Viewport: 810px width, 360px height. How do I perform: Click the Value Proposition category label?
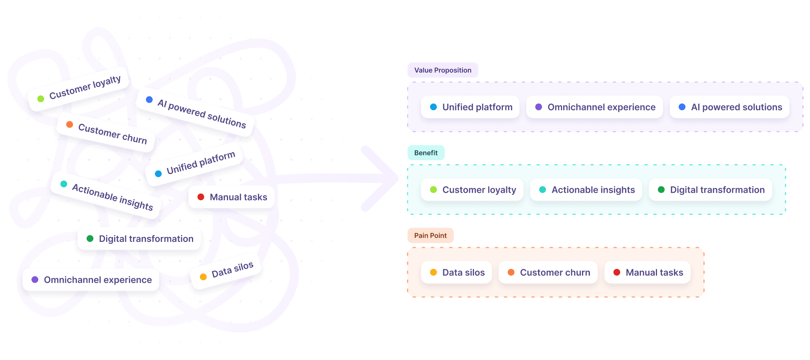click(442, 70)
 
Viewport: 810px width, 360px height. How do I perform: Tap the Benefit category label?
click(426, 153)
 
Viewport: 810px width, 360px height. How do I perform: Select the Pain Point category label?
click(430, 235)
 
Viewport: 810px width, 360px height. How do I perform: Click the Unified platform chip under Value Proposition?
click(470, 107)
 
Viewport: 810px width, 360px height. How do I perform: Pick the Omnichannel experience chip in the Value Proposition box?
click(595, 107)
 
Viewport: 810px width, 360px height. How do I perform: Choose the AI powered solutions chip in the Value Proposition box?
click(730, 107)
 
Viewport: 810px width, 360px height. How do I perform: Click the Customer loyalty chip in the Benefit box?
click(472, 190)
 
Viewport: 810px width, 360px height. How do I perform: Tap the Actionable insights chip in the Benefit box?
click(586, 190)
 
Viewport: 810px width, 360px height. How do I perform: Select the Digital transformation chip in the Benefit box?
click(710, 190)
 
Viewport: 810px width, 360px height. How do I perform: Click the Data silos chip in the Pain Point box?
click(456, 273)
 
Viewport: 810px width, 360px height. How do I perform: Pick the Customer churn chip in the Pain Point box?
click(548, 273)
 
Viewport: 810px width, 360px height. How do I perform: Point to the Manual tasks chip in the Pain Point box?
click(648, 273)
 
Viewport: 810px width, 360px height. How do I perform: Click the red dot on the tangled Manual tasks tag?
click(201, 197)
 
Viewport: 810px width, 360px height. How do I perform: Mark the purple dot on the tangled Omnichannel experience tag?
click(35, 279)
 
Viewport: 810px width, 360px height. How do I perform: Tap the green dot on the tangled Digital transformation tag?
click(90, 238)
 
